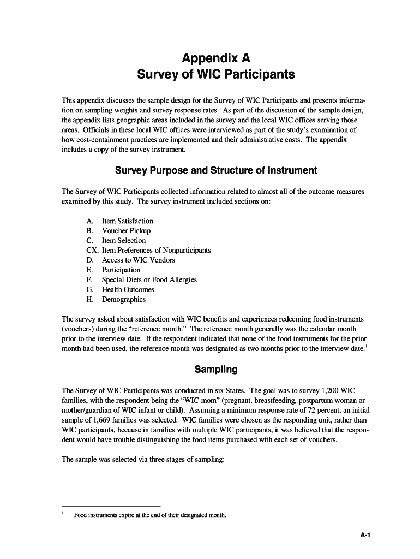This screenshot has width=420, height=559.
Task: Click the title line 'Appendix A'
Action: pyautogui.click(x=216, y=58)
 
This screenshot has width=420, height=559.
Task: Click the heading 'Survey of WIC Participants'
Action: pyautogui.click(x=216, y=74)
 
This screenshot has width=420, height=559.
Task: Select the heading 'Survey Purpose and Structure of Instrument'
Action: pyautogui.click(x=216, y=170)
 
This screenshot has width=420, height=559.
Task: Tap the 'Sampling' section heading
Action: pyautogui.click(x=216, y=370)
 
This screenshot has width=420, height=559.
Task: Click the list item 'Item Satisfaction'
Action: pyautogui.click(x=127, y=221)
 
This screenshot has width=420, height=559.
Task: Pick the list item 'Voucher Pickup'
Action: pyautogui.click(x=126, y=231)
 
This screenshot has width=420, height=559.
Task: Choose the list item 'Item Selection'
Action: pyautogui.click(x=124, y=241)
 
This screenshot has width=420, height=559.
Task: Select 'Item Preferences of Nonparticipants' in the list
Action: pyautogui.click(x=156, y=251)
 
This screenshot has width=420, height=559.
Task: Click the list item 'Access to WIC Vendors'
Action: pyautogui.click(x=139, y=260)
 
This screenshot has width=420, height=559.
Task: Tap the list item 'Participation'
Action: pyautogui.click(x=121, y=270)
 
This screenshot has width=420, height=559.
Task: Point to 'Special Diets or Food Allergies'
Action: pyautogui.click(x=149, y=280)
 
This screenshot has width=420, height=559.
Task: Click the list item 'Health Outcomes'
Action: pyautogui.click(x=128, y=290)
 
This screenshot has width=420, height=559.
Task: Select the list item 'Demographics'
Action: pyautogui.click(x=124, y=300)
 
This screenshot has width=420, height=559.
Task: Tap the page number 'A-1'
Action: pyautogui.click(x=365, y=536)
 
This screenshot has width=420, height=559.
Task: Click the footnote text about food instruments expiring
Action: pyautogui.click(x=150, y=515)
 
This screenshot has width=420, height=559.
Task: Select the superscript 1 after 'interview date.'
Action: pyautogui.click(x=366, y=346)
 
